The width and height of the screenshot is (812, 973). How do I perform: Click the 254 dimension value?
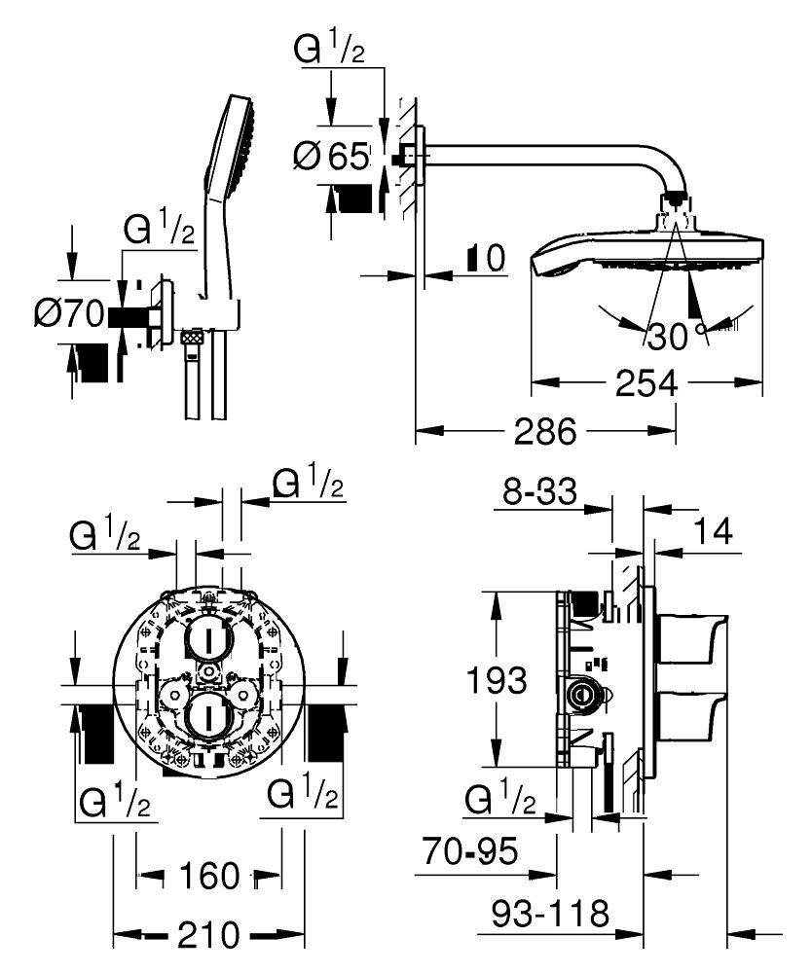[646, 384]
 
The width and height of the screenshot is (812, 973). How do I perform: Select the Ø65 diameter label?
[334, 156]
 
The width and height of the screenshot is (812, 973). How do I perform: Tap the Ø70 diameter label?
[69, 313]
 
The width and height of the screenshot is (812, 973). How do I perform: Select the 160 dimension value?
[209, 876]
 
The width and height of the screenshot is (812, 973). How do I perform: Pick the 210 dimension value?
[207, 936]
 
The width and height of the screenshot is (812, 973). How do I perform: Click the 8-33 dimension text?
[539, 492]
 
